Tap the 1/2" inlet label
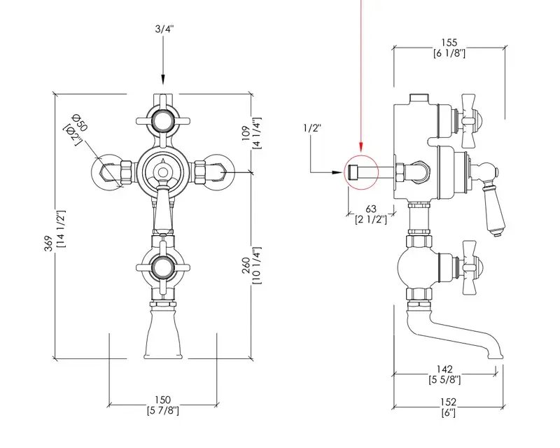click(311, 128)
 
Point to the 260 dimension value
click(246, 265)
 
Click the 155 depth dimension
click(449, 43)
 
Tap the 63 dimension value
click(371, 208)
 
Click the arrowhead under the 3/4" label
click(163, 81)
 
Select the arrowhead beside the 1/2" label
click(342, 170)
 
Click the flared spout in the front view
click(163, 336)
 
